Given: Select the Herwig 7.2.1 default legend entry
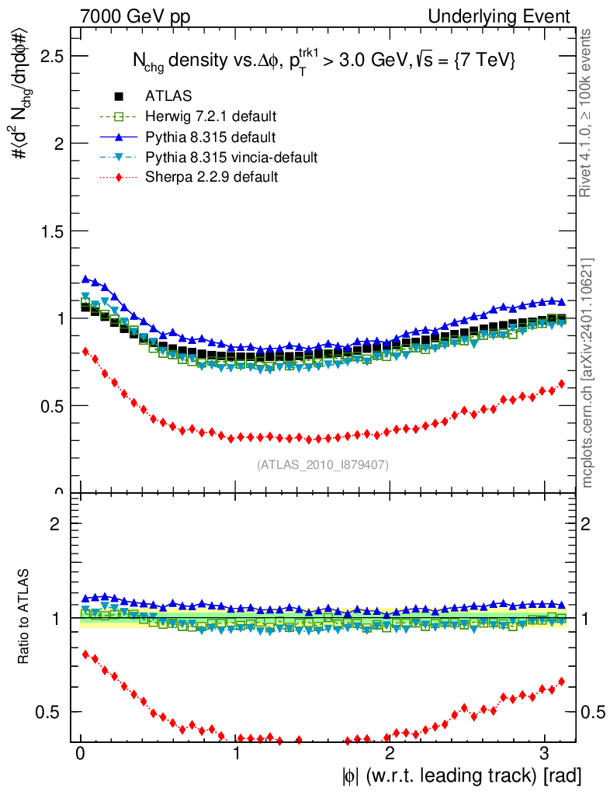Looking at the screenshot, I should tap(210, 116).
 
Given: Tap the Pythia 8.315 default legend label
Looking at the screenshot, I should tap(210, 137).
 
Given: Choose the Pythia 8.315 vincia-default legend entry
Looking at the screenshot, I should tap(231, 158).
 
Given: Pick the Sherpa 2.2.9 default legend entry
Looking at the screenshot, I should tap(211, 178).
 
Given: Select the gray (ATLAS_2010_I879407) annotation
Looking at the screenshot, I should tap(323, 464).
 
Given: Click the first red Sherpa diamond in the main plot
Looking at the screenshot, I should tap(85, 351).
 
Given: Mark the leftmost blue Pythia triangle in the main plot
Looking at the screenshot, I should tap(85, 279).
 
